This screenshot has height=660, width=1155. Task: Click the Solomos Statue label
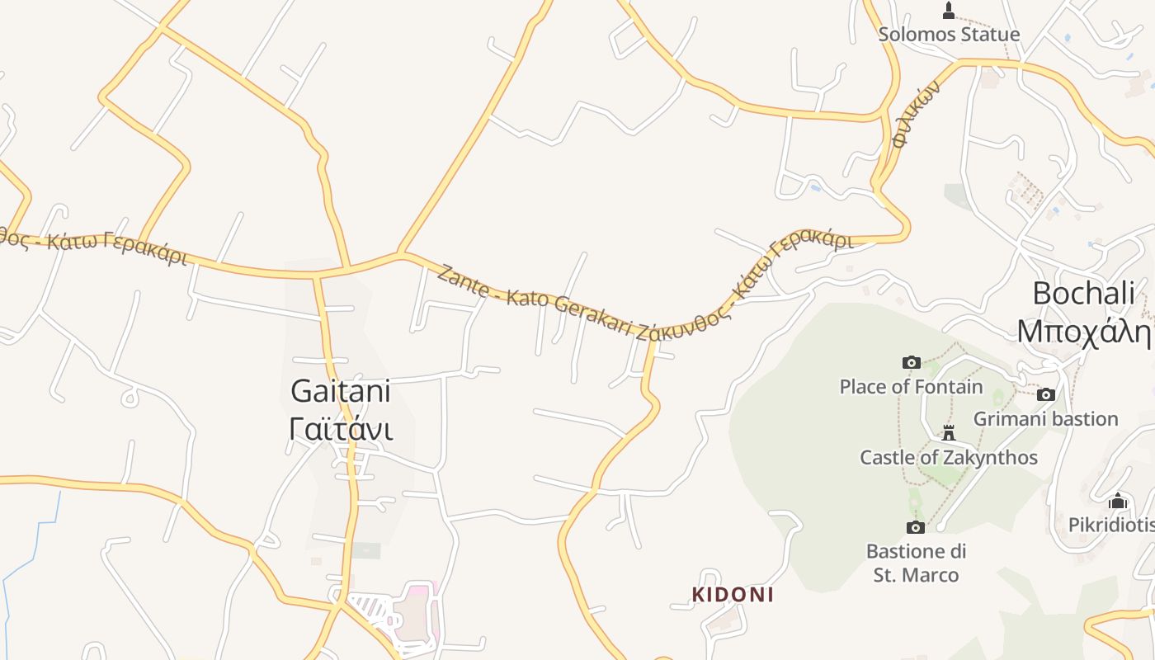(x=949, y=35)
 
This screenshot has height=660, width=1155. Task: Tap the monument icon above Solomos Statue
(x=949, y=11)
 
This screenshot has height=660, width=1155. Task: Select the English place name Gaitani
(x=340, y=391)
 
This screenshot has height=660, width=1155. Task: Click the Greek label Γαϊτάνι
(x=341, y=429)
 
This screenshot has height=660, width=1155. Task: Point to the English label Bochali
(x=1083, y=293)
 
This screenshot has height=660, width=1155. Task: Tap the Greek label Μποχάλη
(x=1083, y=331)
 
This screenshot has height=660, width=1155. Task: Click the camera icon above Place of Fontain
(x=911, y=362)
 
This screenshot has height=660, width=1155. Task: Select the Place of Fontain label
(x=911, y=386)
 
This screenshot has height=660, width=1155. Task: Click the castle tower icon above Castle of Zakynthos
(x=949, y=433)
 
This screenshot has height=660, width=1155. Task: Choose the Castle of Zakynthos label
(x=949, y=457)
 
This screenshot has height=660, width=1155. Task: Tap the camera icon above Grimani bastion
(x=1046, y=395)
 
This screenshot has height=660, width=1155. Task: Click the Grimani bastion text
(x=1045, y=418)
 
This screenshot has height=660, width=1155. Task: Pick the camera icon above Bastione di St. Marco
(x=915, y=527)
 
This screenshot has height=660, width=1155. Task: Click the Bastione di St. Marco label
(x=916, y=563)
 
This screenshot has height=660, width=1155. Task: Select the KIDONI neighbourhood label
(x=733, y=594)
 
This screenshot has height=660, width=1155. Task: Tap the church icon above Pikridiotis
(x=1118, y=501)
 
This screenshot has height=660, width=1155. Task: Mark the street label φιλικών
(x=916, y=115)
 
